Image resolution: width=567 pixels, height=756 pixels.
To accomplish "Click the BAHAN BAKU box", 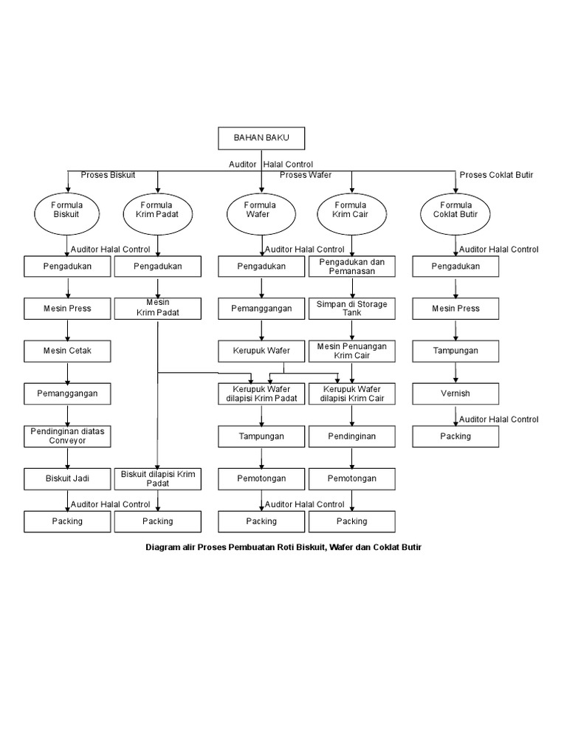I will click(x=261, y=138).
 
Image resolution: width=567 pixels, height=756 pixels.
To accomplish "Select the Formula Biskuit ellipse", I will click(x=67, y=210).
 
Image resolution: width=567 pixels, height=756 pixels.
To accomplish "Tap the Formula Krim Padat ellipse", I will click(x=158, y=210).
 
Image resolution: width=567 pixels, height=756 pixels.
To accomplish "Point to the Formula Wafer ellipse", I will click(x=261, y=210).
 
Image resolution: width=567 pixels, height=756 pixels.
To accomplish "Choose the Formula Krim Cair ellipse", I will click(x=351, y=210).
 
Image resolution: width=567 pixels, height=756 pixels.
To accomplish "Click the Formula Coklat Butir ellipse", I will click(x=455, y=210).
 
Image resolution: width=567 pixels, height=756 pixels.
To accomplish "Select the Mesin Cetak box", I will click(x=67, y=351).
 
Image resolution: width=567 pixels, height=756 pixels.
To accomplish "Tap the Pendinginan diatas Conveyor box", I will click(x=67, y=436).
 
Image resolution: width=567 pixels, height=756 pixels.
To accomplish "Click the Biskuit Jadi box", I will click(x=67, y=478).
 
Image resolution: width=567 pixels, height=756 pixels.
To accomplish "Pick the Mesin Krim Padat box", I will click(x=158, y=308).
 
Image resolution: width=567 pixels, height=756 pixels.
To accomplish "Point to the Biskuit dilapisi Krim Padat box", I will click(x=158, y=478).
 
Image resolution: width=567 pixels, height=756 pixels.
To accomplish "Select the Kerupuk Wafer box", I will click(x=261, y=351).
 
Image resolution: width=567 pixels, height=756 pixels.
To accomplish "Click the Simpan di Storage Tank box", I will click(x=351, y=308).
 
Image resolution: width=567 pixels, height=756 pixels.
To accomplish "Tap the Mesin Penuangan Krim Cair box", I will click(x=351, y=351).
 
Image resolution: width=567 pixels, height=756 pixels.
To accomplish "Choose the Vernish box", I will click(x=455, y=394).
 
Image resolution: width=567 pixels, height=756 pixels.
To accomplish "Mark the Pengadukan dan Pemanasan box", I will click(x=351, y=267).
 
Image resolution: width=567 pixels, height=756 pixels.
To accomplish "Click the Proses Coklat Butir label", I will click(x=496, y=175).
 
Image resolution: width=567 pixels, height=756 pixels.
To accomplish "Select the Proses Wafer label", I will click(x=305, y=175).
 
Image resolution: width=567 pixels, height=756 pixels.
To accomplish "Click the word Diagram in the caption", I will click(x=161, y=547).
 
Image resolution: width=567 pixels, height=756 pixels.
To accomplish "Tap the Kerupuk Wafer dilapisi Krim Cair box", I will click(x=351, y=394).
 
